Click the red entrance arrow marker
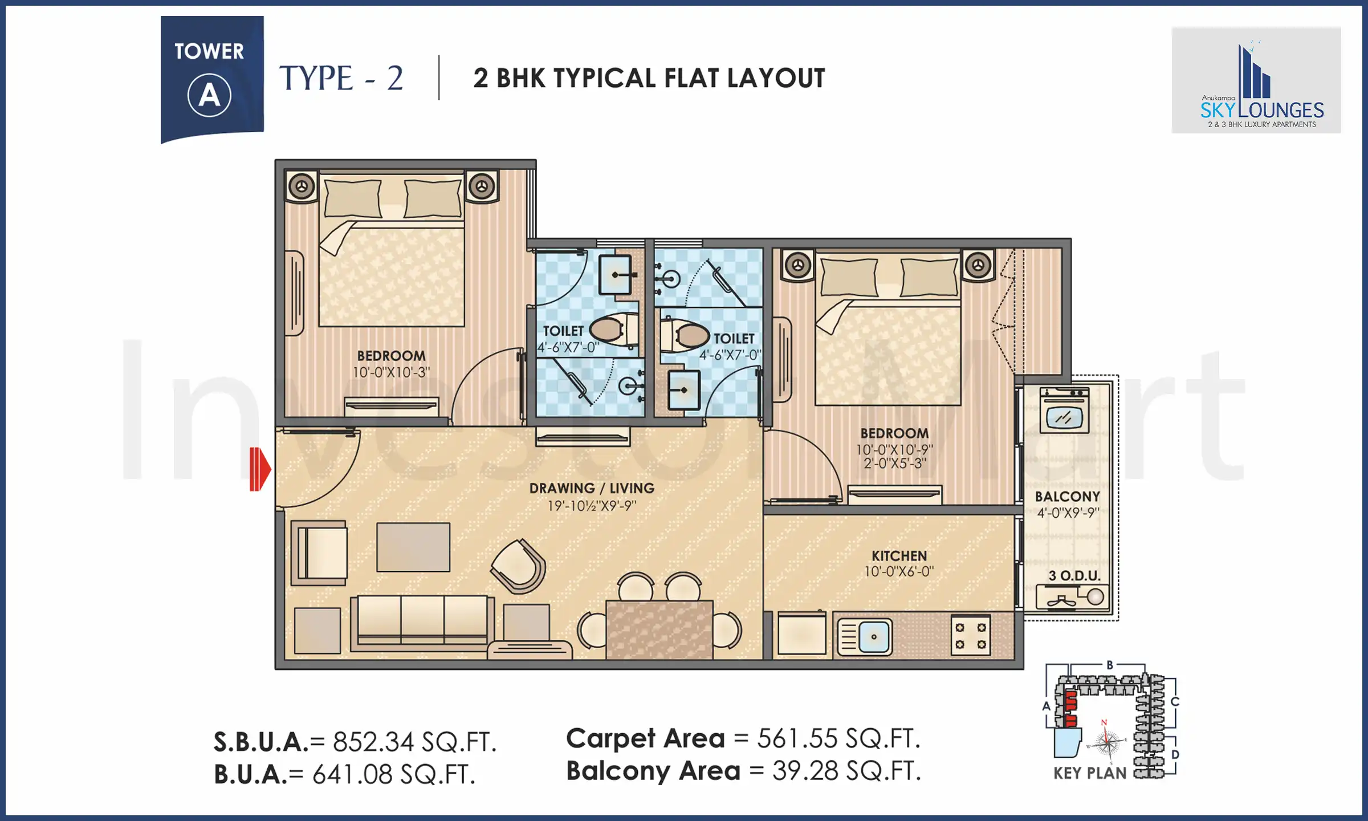point(260,469)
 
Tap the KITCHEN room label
point(899,556)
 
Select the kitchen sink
point(865,637)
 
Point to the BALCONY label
point(1067,497)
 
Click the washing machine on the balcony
point(1064,410)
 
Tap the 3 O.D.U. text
point(1074,576)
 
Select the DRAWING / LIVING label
point(592,489)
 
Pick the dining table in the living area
point(659,629)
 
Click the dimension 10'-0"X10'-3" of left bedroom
point(391,372)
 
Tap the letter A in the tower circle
point(209,95)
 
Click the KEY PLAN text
point(1090,774)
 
